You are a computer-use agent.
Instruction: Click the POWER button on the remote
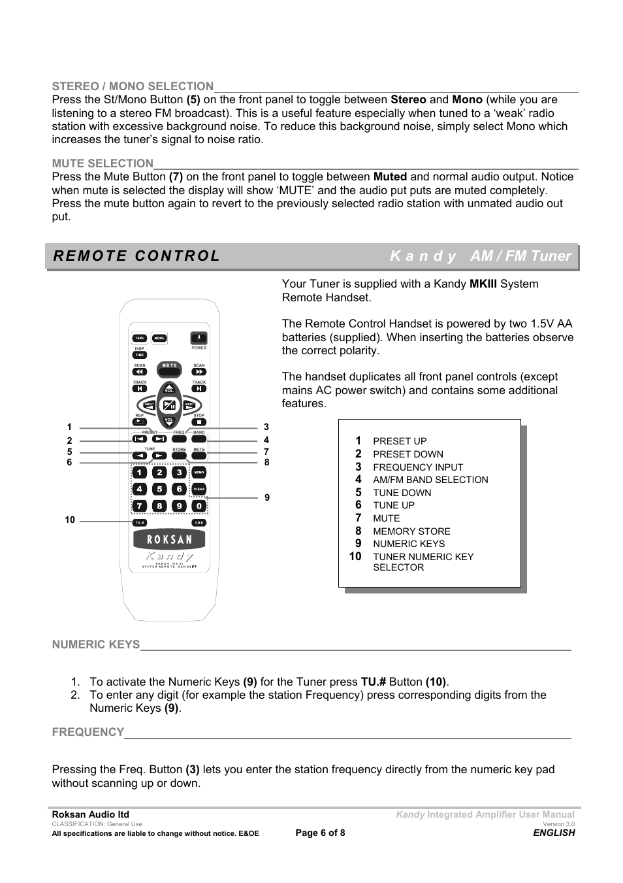[x=199, y=338]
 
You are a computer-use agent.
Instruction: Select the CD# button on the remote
[x=199, y=523]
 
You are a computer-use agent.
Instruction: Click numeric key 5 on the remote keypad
[x=159, y=489]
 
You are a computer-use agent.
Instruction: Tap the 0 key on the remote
[x=199, y=505]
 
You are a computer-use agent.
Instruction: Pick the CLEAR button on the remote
[x=199, y=489]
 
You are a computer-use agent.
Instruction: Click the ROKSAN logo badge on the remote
[x=169, y=539]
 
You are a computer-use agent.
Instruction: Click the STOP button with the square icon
[x=199, y=422]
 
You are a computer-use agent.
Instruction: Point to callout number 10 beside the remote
[x=70, y=520]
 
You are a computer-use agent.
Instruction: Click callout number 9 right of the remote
[x=267, y=497]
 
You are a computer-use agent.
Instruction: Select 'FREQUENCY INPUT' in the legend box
[x=418, y=467]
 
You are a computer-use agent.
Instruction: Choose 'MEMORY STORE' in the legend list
[x=411, y=531]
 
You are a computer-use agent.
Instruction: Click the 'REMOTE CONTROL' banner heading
[x=137, y=256]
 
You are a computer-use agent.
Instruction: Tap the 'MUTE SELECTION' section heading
[x=103, y=163]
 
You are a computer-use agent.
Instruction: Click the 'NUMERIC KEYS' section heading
[x=96, y=644]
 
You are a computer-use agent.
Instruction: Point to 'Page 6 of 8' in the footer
[x=320, y=833]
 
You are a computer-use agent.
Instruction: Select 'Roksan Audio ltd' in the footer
[x=90, y=814]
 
